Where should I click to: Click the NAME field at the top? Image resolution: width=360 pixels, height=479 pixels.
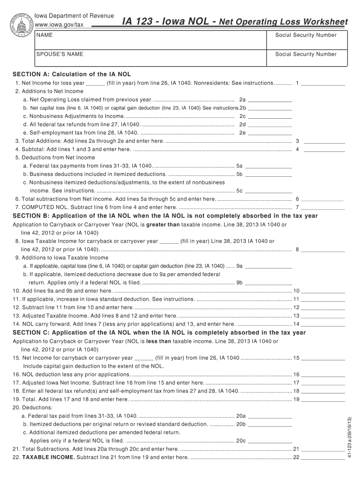pyautogui.click(x=150, y=38)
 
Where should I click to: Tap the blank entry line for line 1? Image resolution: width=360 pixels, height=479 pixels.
pyautogui.click(x=324, y=83)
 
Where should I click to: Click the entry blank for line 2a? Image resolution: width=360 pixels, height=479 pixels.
pyautogui.click(x=270, y=100)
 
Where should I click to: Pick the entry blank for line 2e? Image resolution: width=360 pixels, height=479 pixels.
pyautogui.click(x=270, y=133)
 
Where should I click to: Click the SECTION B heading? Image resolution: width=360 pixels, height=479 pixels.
pyautogui.click(x=165, y=216)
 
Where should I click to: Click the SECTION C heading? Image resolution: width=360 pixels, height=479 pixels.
pyautogui.click(x=159, y=333)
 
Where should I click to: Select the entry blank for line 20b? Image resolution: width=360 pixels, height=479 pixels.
pyautogui.click(x=270, y=424)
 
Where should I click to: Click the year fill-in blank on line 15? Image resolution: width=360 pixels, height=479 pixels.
pyautogui.click(x=144, y=358)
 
